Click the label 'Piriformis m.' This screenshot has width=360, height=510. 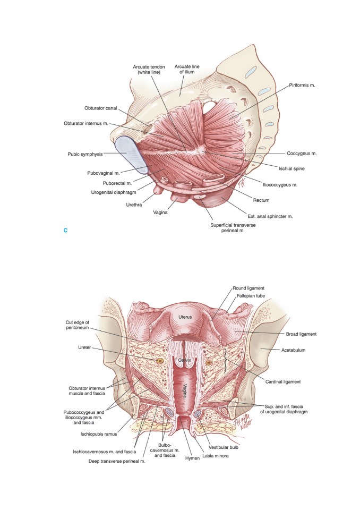pyautogui.click(x=302, y=86)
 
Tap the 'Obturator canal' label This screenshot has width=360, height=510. pyautogui.click(x=100, y=108)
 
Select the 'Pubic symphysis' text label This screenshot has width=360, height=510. pyautogui.click(x=85, y=154)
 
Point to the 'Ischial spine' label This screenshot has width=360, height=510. pyautogui.click(x=292, y=168)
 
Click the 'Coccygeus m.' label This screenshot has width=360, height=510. pyautogui.click(x=302, y=153)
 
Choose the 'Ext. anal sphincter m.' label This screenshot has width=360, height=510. pyautogui.click(x=270, y=216)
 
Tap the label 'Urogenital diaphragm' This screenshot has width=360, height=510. pyautogui.click(x=114, y=192)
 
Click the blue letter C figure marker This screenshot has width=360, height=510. pyautogui.click(x=65, y=231)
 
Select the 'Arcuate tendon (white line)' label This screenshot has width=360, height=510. pyautogui.click(x=149, y=69)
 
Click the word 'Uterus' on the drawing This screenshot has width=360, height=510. pyautogui.click(x=185, y=317)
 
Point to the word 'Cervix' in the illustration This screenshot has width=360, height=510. pyautogui.click(x=184, y=360)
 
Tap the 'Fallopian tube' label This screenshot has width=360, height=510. pyautogui.click(x=251, y=296)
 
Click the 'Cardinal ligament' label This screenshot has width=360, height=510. pyautogui.click(x=283, y=381)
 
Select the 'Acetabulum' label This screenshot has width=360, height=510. pyautogui.click(x=293, y=350)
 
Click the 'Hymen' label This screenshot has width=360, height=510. pyautogui.click(x=192, y=458)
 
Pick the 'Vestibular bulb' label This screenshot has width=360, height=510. pyautogui.click(x=224, y=447)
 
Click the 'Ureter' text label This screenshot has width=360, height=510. pyautogui.click(x=84, y=347)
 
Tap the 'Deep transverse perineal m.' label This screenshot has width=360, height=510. pyautogui.click(x=117, y=461)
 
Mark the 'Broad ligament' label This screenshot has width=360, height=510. pyautogui.click(x=301, y=334)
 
